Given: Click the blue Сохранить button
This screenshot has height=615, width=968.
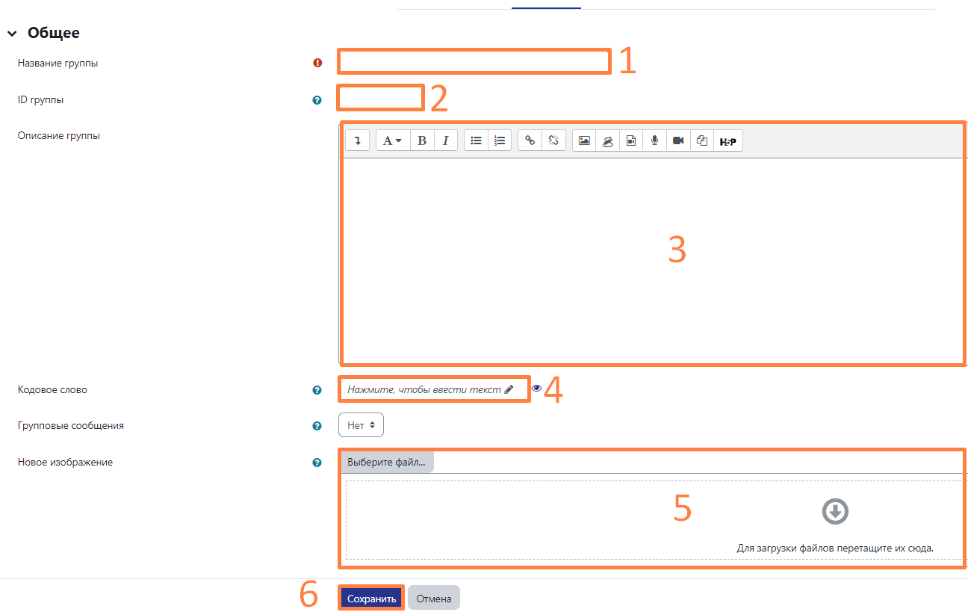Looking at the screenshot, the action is click(x=371, y=598).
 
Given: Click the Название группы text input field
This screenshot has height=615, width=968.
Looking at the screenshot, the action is click(x=474, y=61).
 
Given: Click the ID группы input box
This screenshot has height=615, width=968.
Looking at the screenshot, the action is click(x=380, y=98).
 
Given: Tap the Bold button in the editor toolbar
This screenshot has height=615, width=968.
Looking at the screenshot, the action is click(x=422, y=140).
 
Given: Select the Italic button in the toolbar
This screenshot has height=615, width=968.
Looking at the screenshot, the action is click(x=446, y=140).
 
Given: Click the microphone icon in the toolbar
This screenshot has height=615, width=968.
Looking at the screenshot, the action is click(x=655, y=140).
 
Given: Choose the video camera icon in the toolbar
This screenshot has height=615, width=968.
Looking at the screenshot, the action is click(x=678, y=140).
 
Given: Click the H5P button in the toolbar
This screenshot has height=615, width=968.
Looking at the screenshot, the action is click(x=728, y=141).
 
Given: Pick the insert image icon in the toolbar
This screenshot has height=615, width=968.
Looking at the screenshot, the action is click(x=584, y=140).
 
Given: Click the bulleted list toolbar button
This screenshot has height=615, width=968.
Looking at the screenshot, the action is click(x=476, y=140).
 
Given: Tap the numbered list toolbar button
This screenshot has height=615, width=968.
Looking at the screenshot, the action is click(x=500, y=140).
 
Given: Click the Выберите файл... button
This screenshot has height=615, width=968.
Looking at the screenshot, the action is click(x=387, y=462).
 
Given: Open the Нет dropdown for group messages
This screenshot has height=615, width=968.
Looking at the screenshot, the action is click(x=361, y=425).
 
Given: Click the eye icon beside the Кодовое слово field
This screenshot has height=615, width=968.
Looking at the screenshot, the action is click(x=536, y=389).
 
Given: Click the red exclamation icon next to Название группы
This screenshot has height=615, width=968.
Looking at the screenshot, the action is click(x=317, y=63).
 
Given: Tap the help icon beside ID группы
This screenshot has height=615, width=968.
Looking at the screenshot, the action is click(x=317, y=100).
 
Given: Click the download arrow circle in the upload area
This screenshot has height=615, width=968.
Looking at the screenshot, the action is click(x=835, y=512).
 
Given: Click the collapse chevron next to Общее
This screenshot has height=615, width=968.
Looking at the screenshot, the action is click(x=12, y=34).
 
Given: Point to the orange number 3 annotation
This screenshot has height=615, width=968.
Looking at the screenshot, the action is click(x=677, y=250).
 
